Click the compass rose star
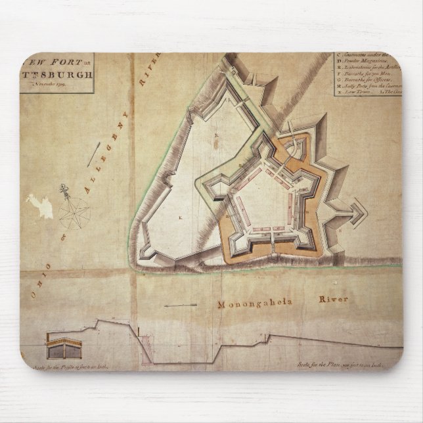[74, 212]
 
